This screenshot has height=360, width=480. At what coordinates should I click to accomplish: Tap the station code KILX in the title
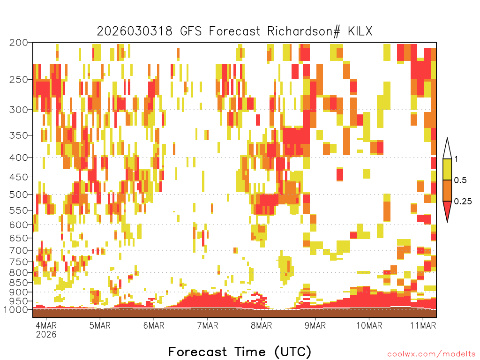click(360, 31)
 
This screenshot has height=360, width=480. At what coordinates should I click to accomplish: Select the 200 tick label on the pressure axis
click(19, 43)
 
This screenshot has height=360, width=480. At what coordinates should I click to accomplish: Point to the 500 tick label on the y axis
click(19, 195)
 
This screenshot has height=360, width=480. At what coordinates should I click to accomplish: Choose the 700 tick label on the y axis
click(19, 250)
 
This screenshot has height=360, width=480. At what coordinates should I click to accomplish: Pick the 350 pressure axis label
click(19, 135)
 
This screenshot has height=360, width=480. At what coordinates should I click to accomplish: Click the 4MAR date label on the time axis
click(46, 325)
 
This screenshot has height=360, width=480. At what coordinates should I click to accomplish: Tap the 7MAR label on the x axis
click(208, 325)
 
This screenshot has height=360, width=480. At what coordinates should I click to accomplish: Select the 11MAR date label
click(423, 325)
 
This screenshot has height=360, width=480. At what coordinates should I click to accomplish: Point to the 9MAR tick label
click(315, 325)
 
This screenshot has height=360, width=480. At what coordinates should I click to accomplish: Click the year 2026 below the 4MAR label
click(46, 334)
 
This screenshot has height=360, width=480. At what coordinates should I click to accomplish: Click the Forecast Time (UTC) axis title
click(240, 352)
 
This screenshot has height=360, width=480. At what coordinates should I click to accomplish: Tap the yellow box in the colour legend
click(447, 169)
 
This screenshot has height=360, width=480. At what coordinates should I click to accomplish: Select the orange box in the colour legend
click(447, 190)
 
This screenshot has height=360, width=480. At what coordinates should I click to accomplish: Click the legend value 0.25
click(463, 201)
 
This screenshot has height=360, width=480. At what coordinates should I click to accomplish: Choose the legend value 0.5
click(460, 180)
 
